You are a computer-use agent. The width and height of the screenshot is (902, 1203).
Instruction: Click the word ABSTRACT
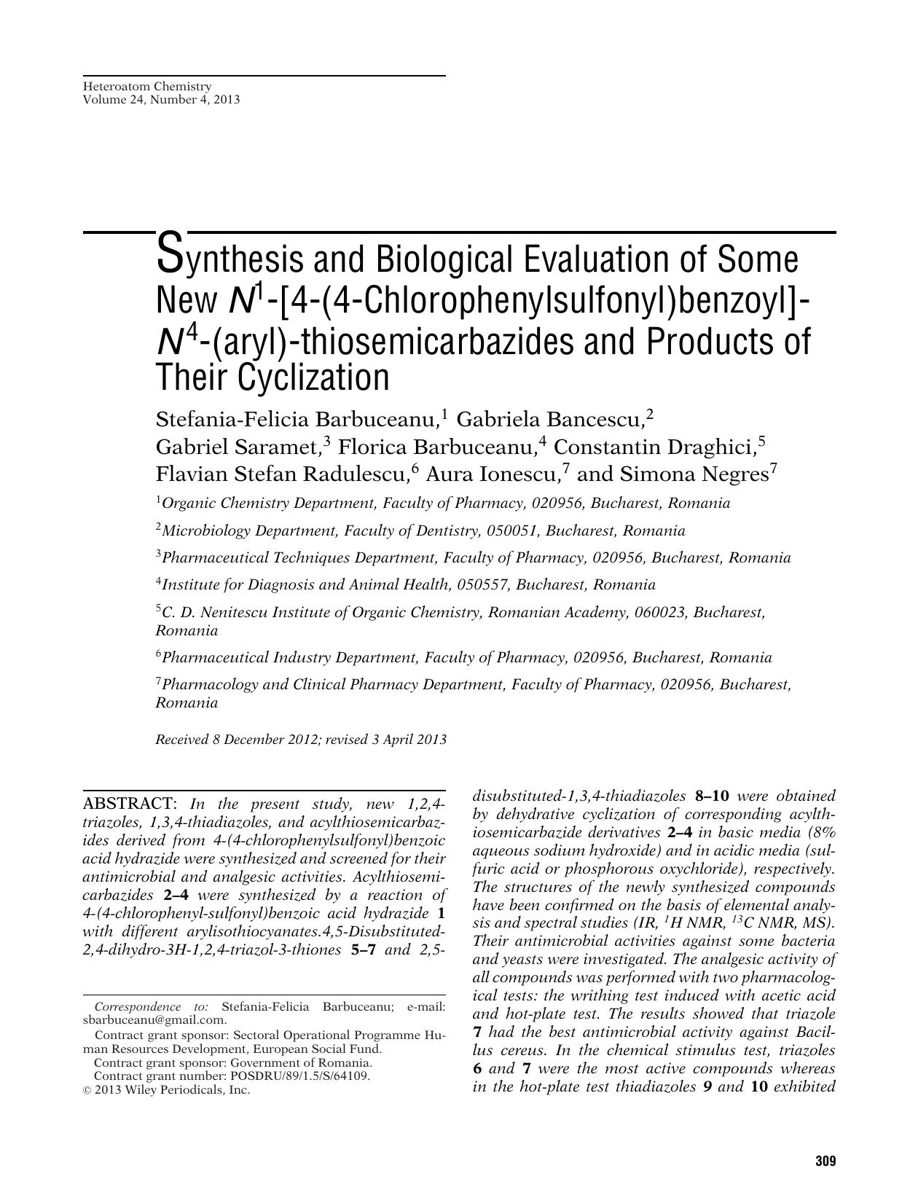click(129, 804)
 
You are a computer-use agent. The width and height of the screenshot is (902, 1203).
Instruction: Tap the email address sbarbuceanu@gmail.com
click(154, 1019)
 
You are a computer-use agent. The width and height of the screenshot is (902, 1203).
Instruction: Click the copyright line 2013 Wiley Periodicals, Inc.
click(172, 1090)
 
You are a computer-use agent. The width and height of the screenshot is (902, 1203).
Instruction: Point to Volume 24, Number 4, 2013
click(161, 99)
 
